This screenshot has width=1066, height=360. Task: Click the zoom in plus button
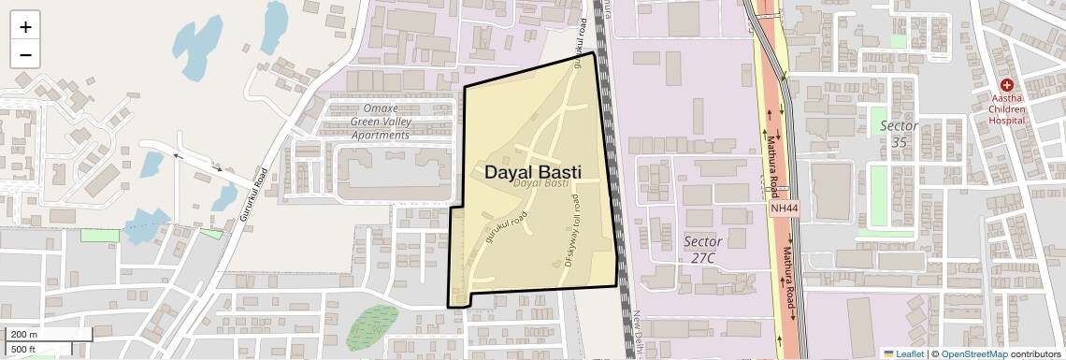25,27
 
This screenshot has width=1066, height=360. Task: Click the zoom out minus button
25,54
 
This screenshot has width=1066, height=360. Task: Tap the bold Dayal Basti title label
532,172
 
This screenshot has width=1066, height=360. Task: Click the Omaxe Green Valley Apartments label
380,122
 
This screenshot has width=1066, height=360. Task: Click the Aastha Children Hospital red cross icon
1006,85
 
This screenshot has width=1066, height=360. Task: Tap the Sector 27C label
702,250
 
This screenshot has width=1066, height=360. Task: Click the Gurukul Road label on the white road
253,194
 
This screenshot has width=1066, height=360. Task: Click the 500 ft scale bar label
24,350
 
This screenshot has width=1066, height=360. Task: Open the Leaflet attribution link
903,353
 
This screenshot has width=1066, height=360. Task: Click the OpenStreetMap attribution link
973,353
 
